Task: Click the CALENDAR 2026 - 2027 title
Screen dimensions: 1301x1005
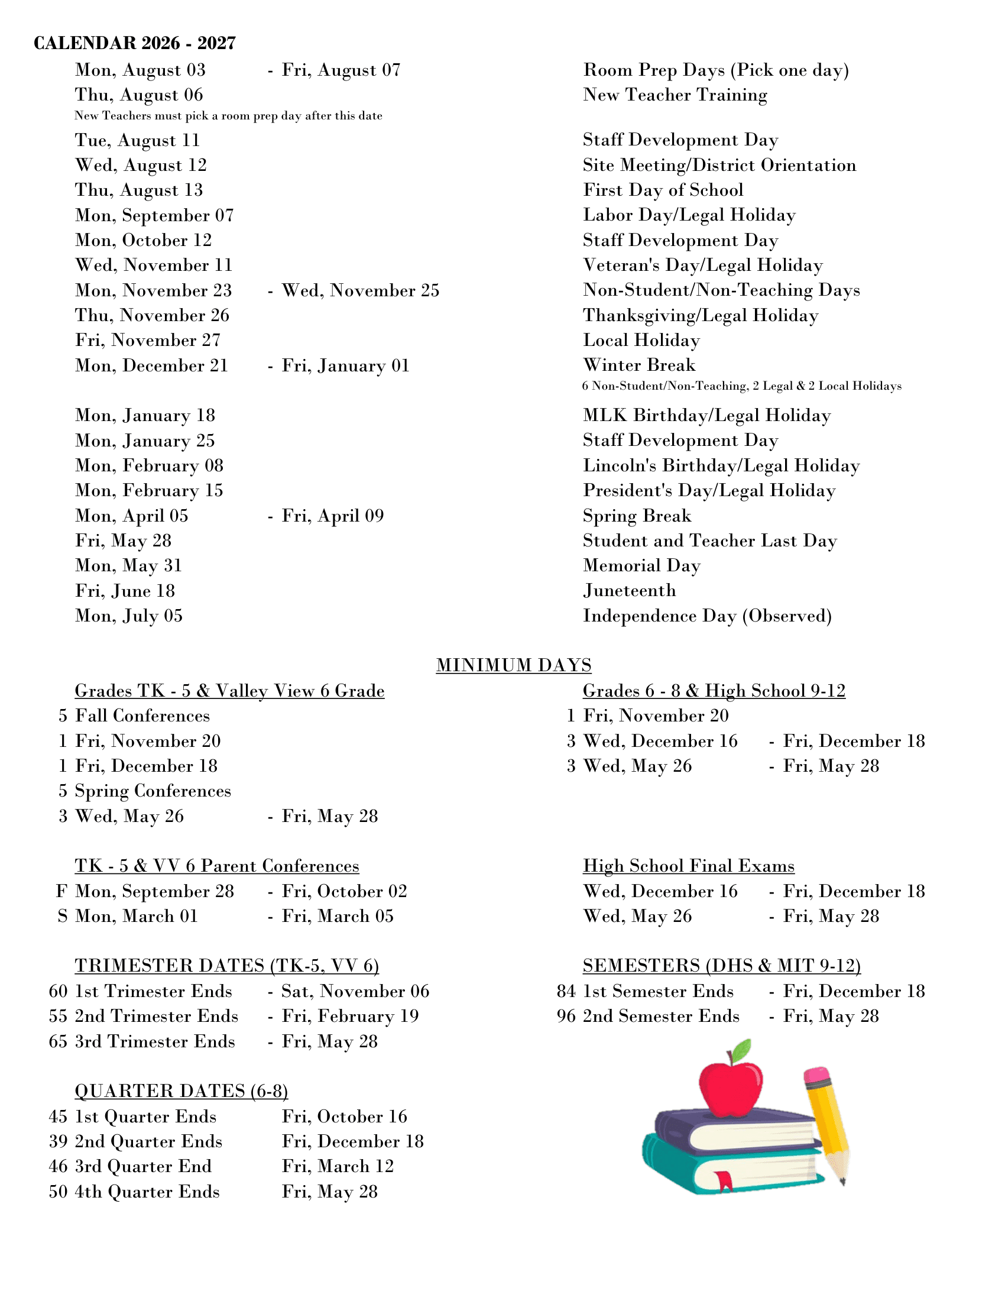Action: (135, 43)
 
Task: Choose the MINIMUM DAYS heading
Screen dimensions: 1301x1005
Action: (513, 665)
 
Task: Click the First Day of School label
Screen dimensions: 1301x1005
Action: (663, 190)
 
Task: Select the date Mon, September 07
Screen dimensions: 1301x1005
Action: (154, 215)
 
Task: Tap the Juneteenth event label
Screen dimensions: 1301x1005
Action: (630, 590)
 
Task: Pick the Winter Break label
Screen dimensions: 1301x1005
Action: (639, 364)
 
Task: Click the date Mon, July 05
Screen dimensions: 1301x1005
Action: (129, 616)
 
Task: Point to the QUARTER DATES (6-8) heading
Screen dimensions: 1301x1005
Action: (181, 1090)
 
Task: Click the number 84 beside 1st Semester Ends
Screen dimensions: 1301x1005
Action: (566, 991)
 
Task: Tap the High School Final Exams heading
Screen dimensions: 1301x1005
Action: (688, 866)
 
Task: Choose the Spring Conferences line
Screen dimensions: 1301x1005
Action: (153, 791)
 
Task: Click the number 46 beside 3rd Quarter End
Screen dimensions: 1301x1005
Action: (58, 1166)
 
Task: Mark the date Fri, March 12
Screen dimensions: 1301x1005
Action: (338, 1166)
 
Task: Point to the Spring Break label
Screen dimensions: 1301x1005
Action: (637, 515)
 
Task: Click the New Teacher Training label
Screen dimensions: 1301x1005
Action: (675, 95)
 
